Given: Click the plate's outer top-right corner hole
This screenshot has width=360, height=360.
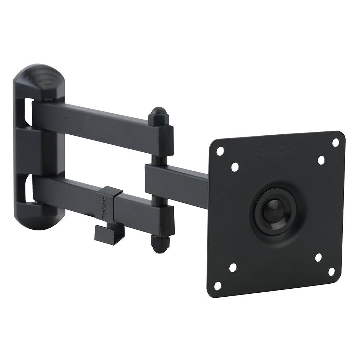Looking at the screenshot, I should coord(335,142).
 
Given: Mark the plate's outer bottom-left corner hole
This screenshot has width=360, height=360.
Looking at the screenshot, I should coord(217,285).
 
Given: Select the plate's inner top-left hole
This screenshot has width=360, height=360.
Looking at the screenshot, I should coord(235,167).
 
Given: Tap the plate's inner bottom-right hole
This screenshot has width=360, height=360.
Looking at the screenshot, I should coord(318,257).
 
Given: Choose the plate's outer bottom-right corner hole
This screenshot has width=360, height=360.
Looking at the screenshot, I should coord(331,271).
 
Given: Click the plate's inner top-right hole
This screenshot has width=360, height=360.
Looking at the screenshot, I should coord(321,160).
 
